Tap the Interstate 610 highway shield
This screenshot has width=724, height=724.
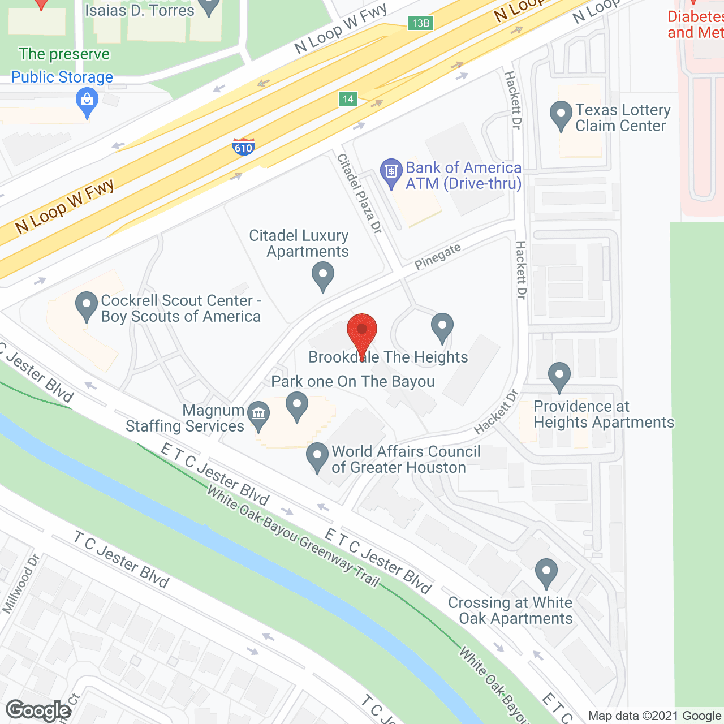coord(243,146)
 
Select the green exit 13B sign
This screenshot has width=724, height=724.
coord(420,23)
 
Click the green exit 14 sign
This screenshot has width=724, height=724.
coord(348,99)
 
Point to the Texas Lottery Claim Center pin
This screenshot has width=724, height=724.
coord(561,114)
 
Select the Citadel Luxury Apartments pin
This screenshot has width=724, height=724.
coord(322,277)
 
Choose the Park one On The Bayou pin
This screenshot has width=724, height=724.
coord(296,406)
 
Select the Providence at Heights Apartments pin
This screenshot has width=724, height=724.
coord(559,376)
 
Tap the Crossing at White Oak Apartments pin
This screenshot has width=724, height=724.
coord(546,572)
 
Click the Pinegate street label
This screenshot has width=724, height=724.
coord(438,256)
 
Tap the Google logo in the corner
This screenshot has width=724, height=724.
coord(38,710)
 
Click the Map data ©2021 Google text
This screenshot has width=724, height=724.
coord(654,716)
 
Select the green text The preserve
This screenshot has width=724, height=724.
coord(64,54)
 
